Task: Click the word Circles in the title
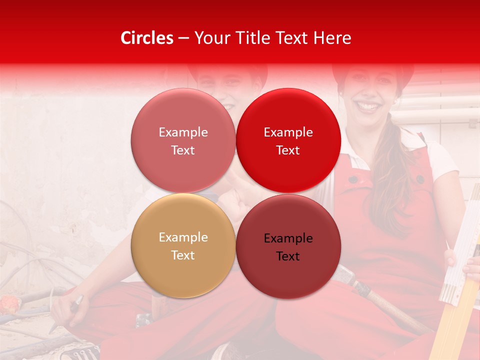point(146,38)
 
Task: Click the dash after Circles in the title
point(183,38)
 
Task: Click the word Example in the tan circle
point(183,237)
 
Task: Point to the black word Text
point(288,256)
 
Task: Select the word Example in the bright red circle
point(288,132)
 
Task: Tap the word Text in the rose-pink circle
point(183,150)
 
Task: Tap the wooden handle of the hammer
point(395,310)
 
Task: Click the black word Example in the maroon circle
point(288,238)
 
